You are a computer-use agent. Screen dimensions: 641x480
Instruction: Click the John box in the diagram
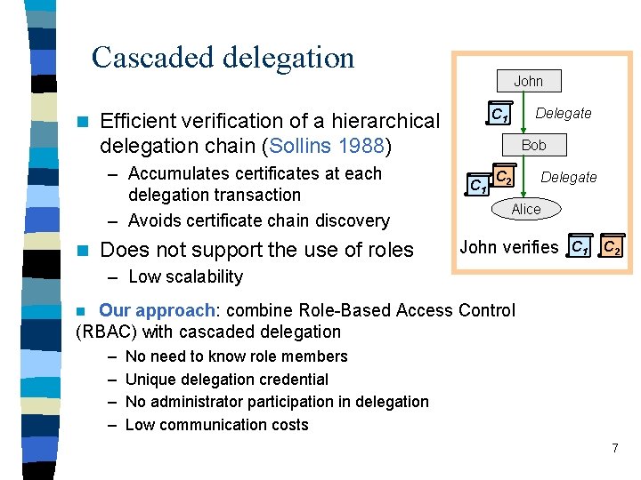pos(528,81)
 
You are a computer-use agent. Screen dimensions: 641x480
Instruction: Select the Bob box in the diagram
pos(533,144)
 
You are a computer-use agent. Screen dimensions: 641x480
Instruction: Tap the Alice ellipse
pos(526,209)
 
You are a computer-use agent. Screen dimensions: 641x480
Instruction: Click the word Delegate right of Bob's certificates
pos(569,177)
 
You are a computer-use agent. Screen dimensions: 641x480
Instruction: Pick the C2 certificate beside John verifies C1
pos(611,247)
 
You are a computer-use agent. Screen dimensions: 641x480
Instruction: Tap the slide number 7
pos(614,447)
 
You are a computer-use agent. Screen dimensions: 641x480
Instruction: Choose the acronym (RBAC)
pos(106,332)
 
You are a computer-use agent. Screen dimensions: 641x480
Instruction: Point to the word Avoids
pos(157,220)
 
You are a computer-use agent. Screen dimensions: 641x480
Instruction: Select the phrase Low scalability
pos(185,276)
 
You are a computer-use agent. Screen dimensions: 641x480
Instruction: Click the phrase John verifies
pos(509,246)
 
